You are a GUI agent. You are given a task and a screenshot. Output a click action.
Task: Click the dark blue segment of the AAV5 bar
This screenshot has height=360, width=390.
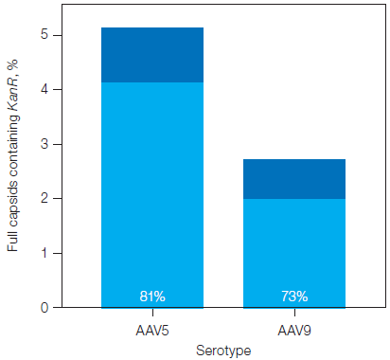pyautogui.click(x=151, y=55)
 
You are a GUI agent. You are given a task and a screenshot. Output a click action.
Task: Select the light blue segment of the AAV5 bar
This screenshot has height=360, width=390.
pyautogui.click(x=151, y=189)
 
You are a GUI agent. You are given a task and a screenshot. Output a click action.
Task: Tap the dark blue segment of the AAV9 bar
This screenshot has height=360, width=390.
pyautogui.click(x=294, y=178)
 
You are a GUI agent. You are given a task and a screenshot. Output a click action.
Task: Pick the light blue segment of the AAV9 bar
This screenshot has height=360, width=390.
pyautogui.click(x=294, y=246)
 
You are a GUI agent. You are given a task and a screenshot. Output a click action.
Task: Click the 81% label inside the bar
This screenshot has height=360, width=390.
pyautogui.click(x=151, y=297)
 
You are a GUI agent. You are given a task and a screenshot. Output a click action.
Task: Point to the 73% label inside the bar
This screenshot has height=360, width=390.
pyautogui.click(x=294, y=297)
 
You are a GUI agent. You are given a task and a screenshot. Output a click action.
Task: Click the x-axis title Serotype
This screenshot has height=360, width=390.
pyautogui.click(x=222, y=350)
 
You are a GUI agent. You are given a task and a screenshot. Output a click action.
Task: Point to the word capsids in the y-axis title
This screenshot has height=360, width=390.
pyautogui.click(x=12, y=203)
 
